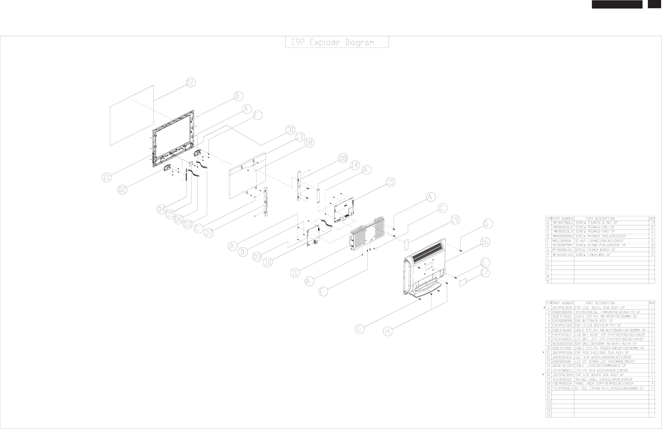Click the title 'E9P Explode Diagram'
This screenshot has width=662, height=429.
(337, 42)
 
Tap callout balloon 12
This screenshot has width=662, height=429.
(191, 83)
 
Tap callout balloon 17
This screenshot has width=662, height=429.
(485, 273)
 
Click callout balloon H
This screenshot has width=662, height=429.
(388, 332)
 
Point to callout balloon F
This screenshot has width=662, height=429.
(257, 116)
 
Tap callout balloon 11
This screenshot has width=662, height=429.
(295, 273)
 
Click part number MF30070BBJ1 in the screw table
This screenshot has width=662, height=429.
(563, 223)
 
